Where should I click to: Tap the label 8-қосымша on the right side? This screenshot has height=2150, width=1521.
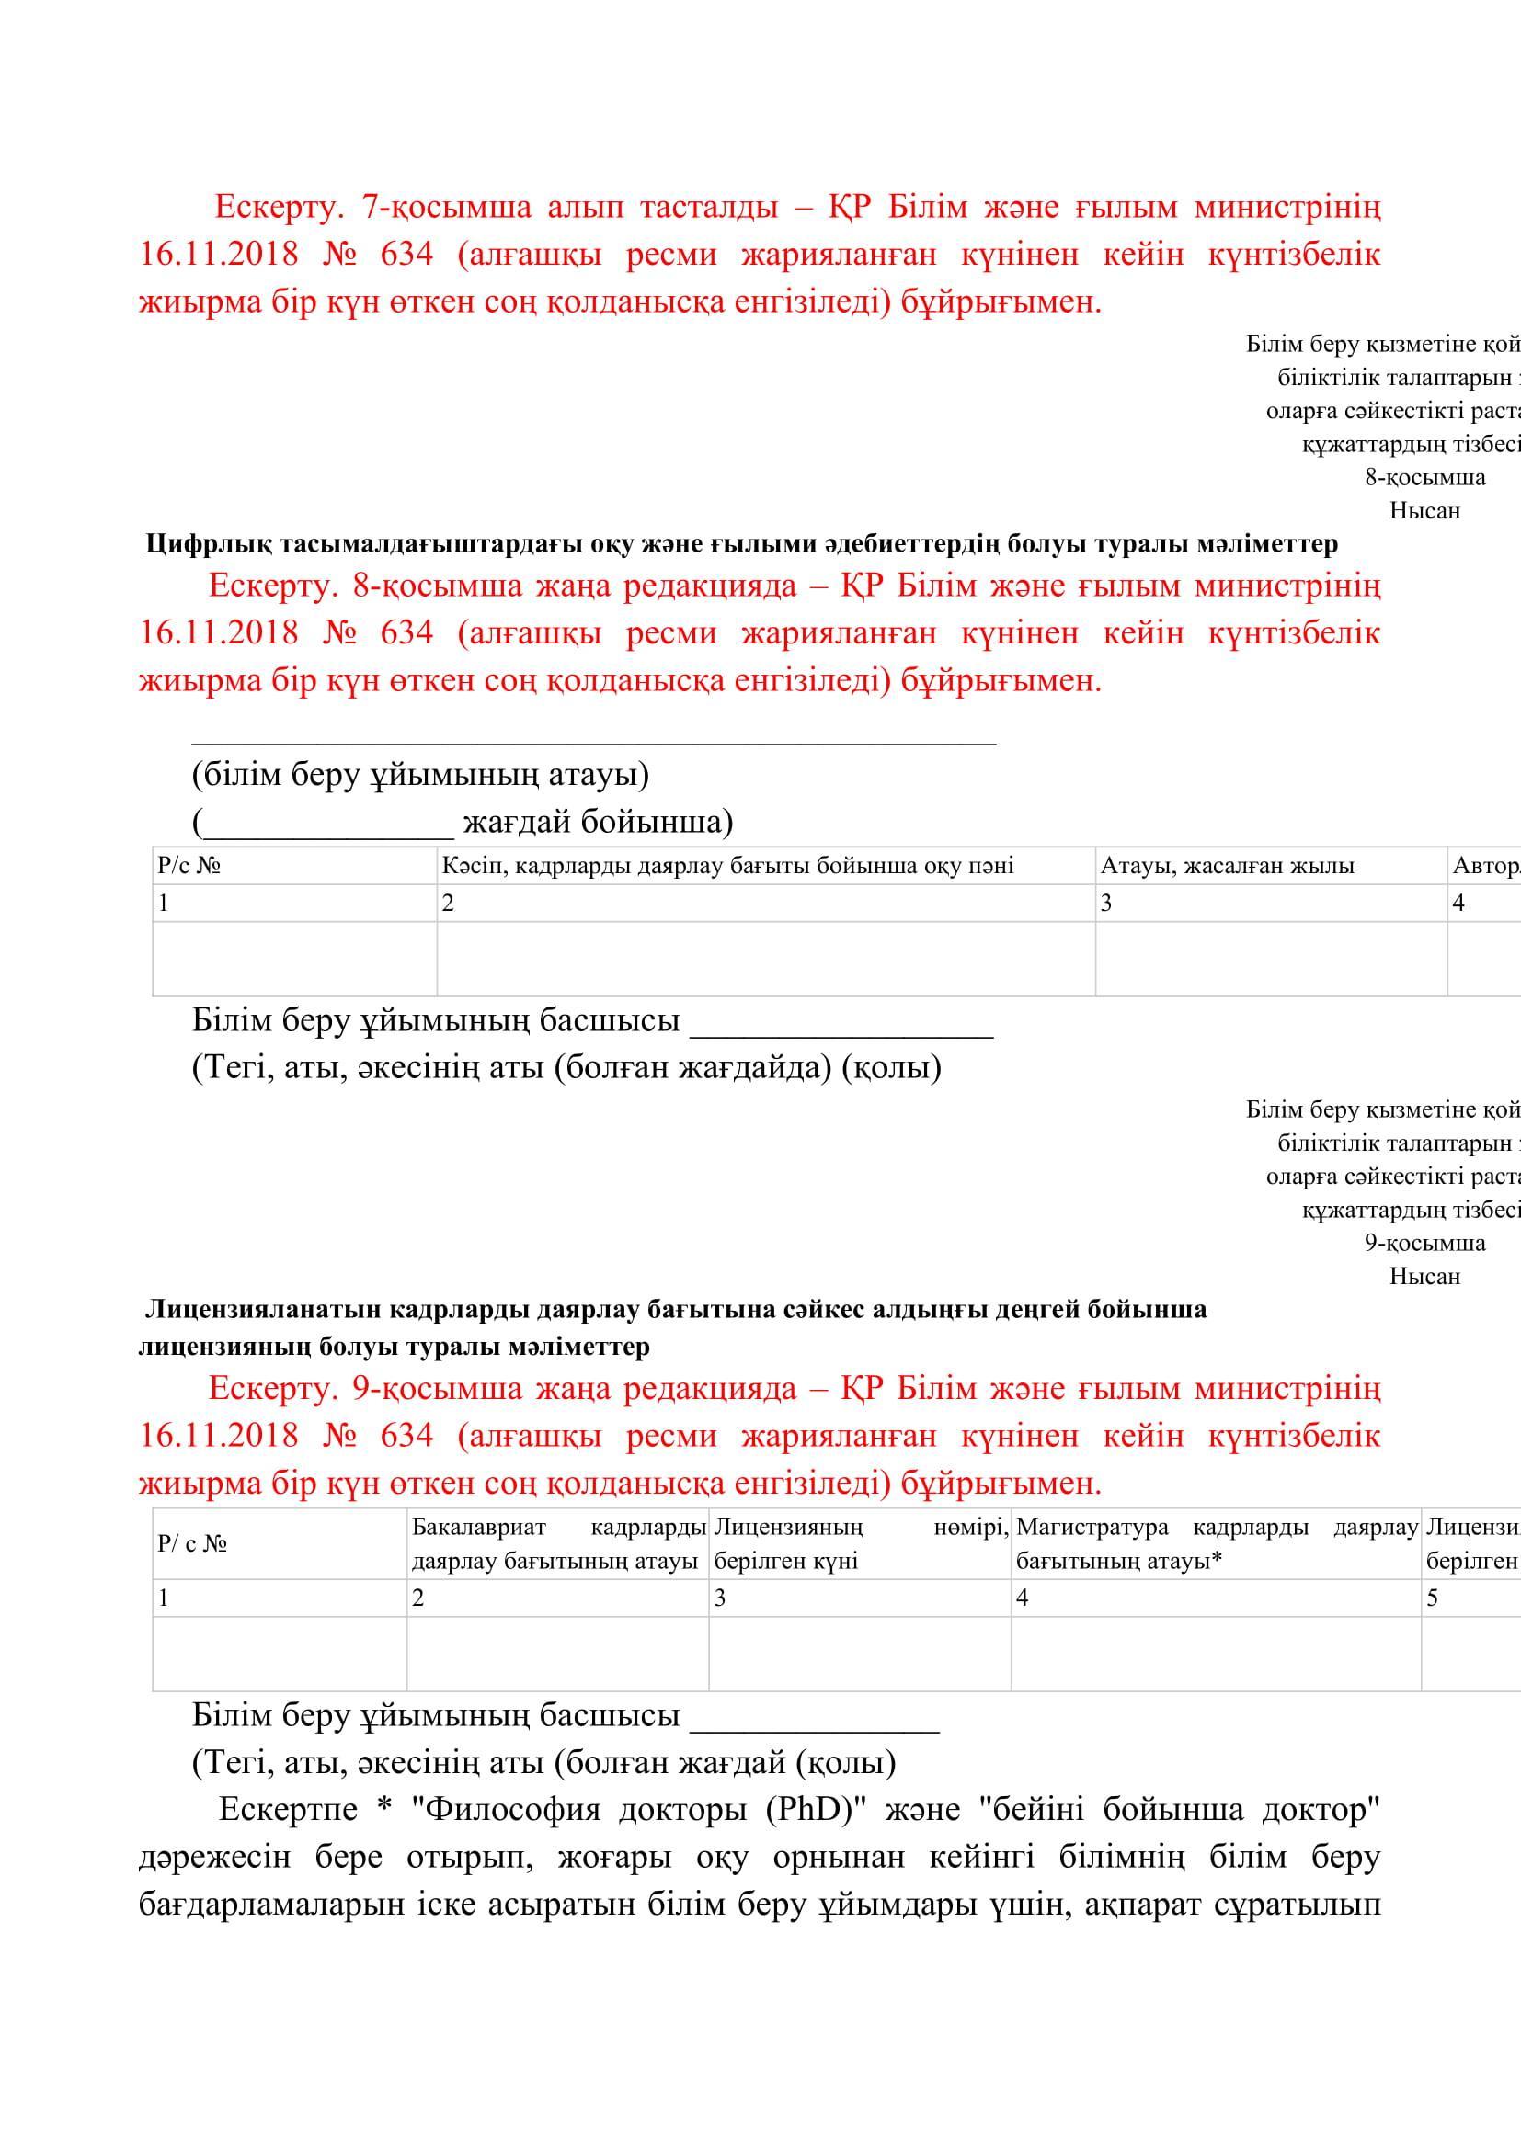click(x=1424, y=478)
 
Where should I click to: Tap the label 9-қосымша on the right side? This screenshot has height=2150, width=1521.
click(x=1424, y=1243)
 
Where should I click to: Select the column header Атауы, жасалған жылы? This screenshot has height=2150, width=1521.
click(x=1227, y=865)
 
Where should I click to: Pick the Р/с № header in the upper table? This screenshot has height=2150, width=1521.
click(x=189, y=865)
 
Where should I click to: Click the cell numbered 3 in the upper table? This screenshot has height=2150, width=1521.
click(x=1106, y=904)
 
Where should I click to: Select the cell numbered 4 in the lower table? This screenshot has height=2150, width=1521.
click(x=1023, y=1598)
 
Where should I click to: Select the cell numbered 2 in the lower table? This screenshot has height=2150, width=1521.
click(x=418, y=1598)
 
